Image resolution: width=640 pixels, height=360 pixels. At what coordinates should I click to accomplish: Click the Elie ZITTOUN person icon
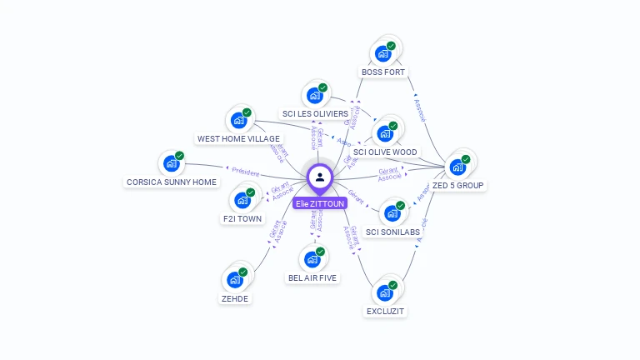[x=320, y=177]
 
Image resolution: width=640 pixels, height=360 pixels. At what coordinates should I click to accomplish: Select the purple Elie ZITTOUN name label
[x=320, y=203]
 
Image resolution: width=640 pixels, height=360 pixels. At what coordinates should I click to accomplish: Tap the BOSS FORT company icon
[x=383, y=53]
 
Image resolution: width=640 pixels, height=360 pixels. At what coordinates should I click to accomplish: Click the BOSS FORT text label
[x=383, y=72]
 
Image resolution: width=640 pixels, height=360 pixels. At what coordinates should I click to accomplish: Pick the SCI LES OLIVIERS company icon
[x=314, y=95]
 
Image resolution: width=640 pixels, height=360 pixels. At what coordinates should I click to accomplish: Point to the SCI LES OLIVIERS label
[x=315, y=114]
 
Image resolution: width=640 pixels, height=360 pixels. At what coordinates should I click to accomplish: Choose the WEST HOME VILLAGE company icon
[x=238, y=120]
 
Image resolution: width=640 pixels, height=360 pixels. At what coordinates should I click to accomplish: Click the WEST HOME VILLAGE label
[x=238, y=139]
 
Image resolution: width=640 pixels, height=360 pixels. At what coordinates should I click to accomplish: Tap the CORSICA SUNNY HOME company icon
[x=172, y=163]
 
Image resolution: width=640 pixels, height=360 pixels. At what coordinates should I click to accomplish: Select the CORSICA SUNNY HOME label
[x=172, y=182]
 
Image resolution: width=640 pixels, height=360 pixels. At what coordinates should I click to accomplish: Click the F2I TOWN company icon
[x=242, y=200]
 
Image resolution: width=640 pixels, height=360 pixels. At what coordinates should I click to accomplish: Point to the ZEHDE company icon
[x=235, y=279]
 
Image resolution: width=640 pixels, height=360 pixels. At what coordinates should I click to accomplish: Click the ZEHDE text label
[x=235, y=298]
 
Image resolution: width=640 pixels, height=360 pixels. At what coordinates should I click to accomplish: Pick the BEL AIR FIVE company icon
[x=312, y=258]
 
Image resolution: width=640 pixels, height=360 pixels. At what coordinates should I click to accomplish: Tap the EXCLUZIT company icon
[x=384, y=292]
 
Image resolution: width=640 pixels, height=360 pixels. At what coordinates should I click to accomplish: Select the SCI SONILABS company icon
[x=392, y=212]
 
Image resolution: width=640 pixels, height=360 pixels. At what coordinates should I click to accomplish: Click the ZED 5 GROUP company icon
[x=457, y=167]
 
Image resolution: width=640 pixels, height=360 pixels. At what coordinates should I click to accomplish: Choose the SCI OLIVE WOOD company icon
[x=385, y=133]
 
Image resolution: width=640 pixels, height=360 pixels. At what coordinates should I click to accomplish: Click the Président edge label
[x=246, y=171]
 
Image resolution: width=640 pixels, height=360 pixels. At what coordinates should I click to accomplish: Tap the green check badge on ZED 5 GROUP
[x=466, y=159]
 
